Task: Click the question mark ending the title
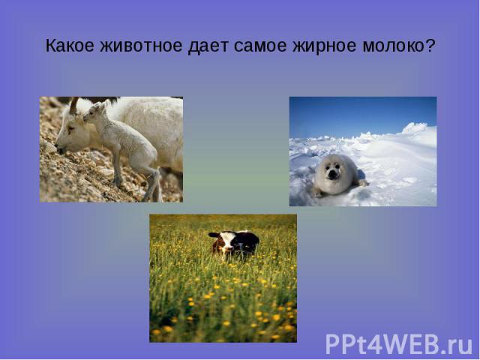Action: [430, 46]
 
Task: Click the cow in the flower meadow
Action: [234, 244]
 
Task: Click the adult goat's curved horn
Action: [73, 106]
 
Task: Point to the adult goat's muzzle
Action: [61, 148]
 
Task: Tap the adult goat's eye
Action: [70, 128]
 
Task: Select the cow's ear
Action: [214, 235]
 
